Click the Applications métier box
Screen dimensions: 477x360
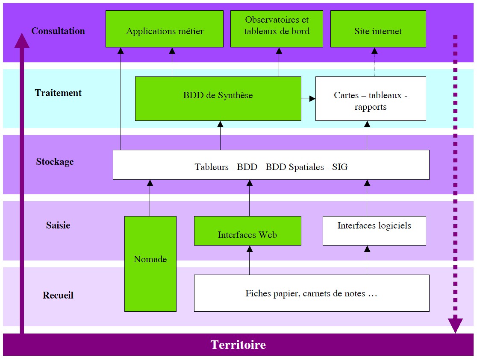point(165,29)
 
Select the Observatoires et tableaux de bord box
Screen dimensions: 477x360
point(277,29)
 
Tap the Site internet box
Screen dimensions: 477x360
point(378,29)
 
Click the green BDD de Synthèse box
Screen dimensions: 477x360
point(218,99)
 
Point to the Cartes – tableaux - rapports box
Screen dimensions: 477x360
point(371,99)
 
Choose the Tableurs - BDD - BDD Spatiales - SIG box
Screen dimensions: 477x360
point(271,165)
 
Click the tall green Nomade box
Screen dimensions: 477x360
point(150,263)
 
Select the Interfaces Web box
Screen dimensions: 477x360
point(247,231)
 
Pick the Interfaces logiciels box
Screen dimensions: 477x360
point(374,231)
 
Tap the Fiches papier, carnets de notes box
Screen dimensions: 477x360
point(312,293)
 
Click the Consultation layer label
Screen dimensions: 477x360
point(58,31)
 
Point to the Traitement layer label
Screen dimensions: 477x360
point(58,93)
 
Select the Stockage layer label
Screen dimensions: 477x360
point(55,161)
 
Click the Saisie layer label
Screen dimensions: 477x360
point(58,225)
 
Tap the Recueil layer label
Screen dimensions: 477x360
point(58,295)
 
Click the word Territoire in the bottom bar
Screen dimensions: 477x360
point(238,345)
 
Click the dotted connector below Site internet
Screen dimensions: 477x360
point(374,62)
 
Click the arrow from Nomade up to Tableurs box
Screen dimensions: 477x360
point(150,198)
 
